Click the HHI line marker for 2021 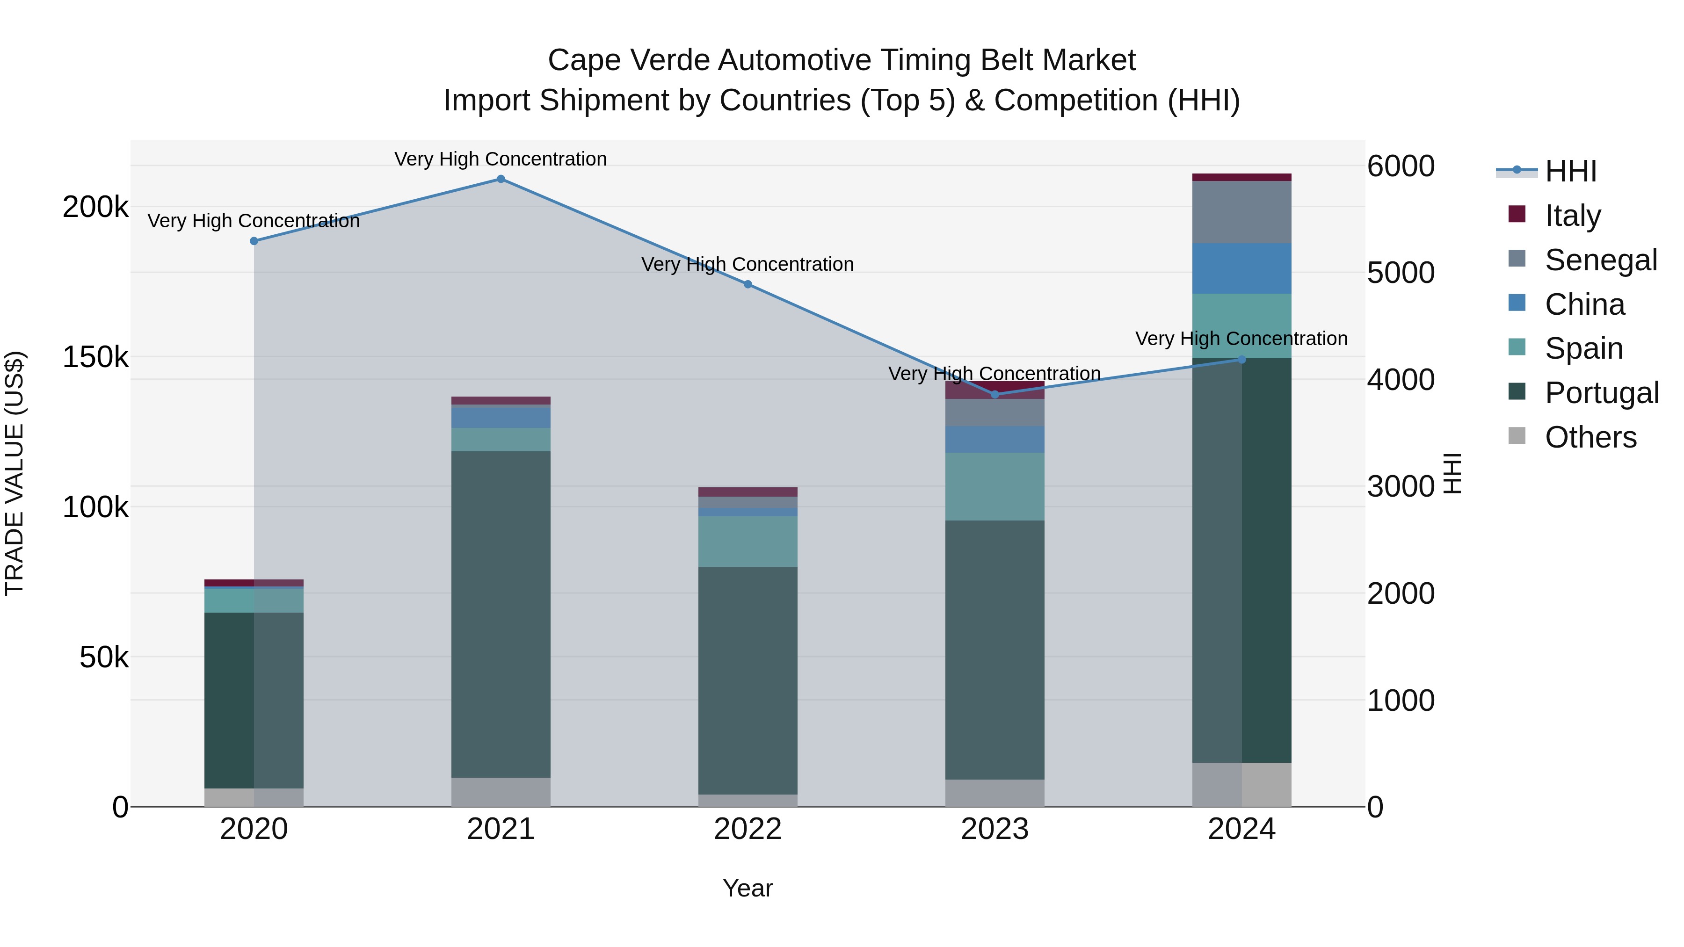pyautogui.click(x=501, y=179)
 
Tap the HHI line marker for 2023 pyautogui.click(x=995, y=394)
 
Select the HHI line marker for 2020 pyautogui.click(x=254, y=241)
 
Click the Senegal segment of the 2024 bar pyautogui.click(x=1241, y=212)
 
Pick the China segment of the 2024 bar pyautogui.click(x=1241, y=268)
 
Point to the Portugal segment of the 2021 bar pyautogui.click(x=501, y=614)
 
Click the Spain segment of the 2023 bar pyautogui.click(x=994, y=486)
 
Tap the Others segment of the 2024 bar pyautogui.click(x=1241, y=784)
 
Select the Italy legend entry pyautogui.click(x=1572, y=216)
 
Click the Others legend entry pyautogui.click(x=1590, y=437)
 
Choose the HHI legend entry pyautogui.click(x=1570, y=171)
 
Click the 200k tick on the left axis pyautogui.click(x=95, y=208)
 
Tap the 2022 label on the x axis pyautogui.click(x=748, y=829)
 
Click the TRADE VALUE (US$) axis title pyautogui.click(x=15, y=473)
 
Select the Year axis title pyautogui.click(x=748, y=888)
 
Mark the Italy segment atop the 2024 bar pyautogui.click(x=1241, y=177)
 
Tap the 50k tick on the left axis pyautogui.click(x=104, y=658)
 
